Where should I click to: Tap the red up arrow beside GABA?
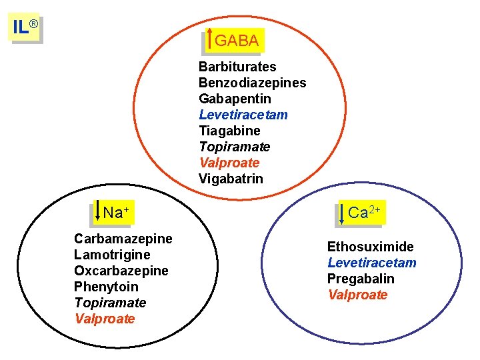tap(211, 39)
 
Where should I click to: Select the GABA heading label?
tap(237, 41)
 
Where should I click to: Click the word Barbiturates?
tap(237, 67)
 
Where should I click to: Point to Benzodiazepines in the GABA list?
tap(252, 83)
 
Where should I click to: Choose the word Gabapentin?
tap(235, 99)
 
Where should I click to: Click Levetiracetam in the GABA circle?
tap(243, 115)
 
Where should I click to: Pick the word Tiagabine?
tap(229, 131)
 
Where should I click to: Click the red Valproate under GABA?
tap(229, 163)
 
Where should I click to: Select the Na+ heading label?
tap(115, 213)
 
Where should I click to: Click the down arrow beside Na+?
tap(98, 211)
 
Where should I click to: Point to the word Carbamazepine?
tap(123, 239)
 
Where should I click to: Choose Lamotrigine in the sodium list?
tap(112, 255)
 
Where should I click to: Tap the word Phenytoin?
tap(107, 287)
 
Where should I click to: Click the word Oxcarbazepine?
tap(121, 271)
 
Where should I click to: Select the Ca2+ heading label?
tap(364, 213)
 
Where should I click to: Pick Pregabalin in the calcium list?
tap(361, 279)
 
